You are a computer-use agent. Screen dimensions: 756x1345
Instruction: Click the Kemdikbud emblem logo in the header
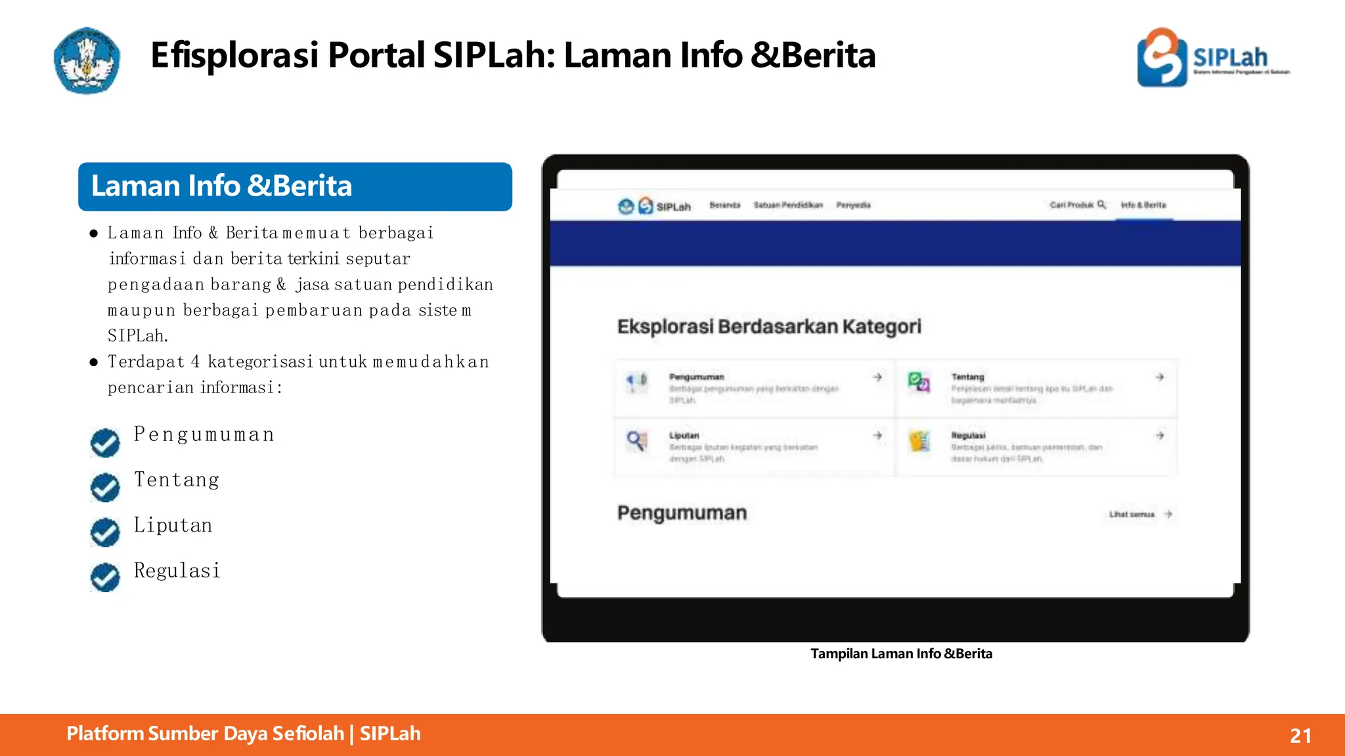[87, 60]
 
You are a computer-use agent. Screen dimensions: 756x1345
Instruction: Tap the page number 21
[1300, 736]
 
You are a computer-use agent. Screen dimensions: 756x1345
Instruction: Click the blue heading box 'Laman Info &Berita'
[295, 186]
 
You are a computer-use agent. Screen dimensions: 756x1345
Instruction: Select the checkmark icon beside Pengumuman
[105, 443]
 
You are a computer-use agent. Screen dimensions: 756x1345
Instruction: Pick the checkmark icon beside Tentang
[105, 488]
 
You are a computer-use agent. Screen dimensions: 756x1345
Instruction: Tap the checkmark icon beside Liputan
[105, 532]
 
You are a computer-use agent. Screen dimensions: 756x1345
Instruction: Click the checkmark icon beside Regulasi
[105, 577]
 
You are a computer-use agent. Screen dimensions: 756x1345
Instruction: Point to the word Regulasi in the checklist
[177, 570]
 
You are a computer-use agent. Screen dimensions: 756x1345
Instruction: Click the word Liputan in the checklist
[173, 525]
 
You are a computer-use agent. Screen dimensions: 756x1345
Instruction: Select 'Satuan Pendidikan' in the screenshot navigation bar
[788, 205]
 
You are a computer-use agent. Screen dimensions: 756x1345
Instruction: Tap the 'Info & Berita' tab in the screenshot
[1143, 205]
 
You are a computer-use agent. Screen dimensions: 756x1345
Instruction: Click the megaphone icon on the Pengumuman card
[636, 381]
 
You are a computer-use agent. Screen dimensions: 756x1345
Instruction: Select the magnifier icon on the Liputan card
[636, 440]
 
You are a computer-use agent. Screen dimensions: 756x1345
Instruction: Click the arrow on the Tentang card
[1160, 377]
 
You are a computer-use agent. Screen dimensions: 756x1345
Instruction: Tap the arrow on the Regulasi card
[1160, 436]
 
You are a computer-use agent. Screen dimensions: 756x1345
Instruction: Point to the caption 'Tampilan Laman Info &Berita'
[901, 654]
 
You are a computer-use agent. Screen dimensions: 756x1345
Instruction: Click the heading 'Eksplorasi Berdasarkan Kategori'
[769, 327]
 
